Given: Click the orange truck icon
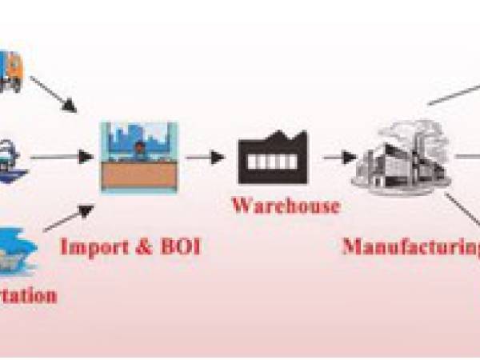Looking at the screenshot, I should [x=11, y=70].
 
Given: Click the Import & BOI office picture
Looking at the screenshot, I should [x=138, y=157].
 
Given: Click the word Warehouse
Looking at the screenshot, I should [x=286, y=206].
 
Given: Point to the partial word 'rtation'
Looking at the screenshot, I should [x=28, y=295].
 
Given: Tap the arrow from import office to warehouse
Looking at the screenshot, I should [x=205, y=158].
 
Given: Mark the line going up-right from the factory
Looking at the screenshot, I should [x=452, y=91].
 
